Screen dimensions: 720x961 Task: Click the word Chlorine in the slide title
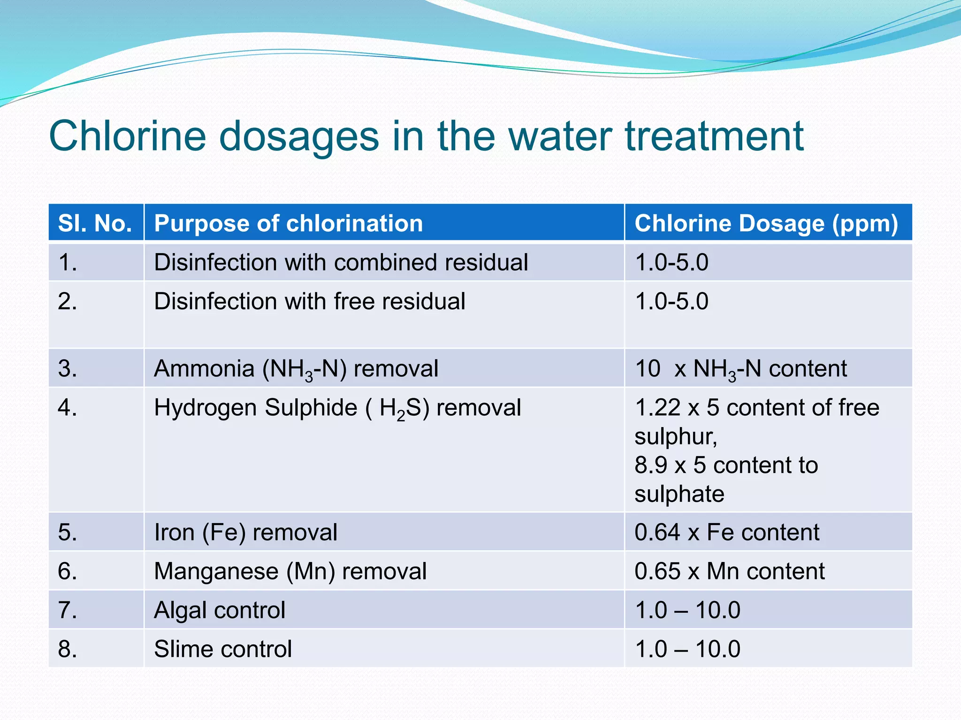(128, 136)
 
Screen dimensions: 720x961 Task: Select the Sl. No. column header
(95, 223)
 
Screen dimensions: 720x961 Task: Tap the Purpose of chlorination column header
(289, 223)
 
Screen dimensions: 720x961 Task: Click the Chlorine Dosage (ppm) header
(766, 223)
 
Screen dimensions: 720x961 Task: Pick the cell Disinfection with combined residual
(341, 262)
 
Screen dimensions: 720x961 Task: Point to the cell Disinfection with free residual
(310, 301)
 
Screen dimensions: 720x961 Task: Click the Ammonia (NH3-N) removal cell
(296, 368)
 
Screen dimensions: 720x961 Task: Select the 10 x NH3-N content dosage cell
(740, 368)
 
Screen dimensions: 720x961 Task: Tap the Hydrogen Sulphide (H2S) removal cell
(337, 408)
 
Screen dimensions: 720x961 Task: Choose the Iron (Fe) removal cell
(245, 532)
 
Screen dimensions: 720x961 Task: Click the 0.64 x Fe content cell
(726, 532)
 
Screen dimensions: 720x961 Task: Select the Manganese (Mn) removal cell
(290, 571)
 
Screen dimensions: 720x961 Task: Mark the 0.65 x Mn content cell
(729, 571)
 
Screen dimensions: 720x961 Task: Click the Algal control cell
(220, 610)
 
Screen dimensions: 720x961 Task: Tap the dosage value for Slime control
(687, 649)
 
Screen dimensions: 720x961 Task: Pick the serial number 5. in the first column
(68, 532)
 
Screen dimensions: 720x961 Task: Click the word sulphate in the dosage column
(679, 494)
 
